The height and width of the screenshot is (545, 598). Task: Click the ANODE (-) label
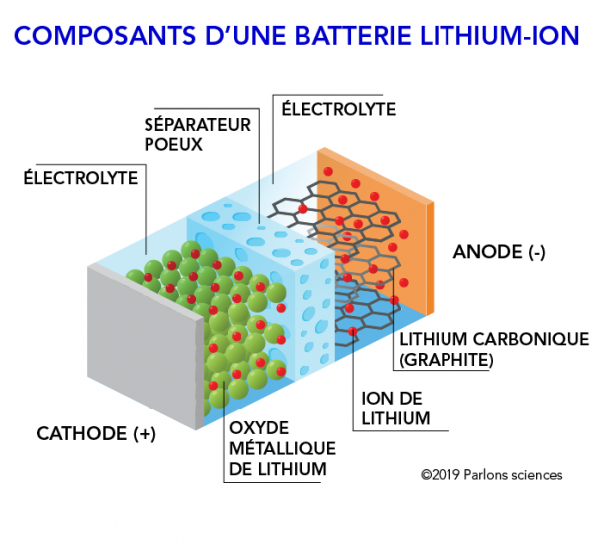(499, 252)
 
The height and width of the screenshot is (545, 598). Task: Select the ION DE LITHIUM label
(395, 408)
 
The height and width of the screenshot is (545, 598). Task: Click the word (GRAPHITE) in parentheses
(445, 360)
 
